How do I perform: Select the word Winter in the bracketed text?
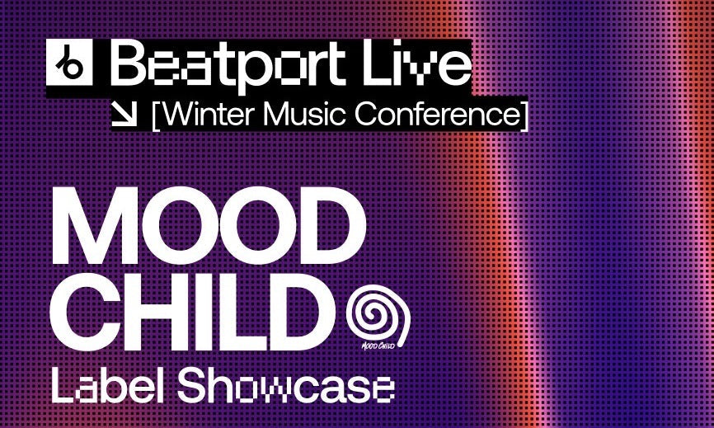tap(205, 115)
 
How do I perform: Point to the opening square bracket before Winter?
tap(157, 115)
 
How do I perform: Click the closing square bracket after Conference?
tap(524, 115)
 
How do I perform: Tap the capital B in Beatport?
tap(129, 63)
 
